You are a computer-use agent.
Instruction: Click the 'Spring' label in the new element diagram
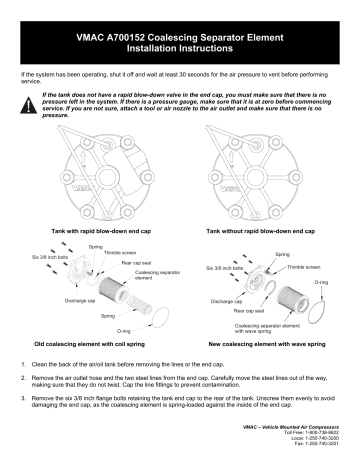click(283, 255)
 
